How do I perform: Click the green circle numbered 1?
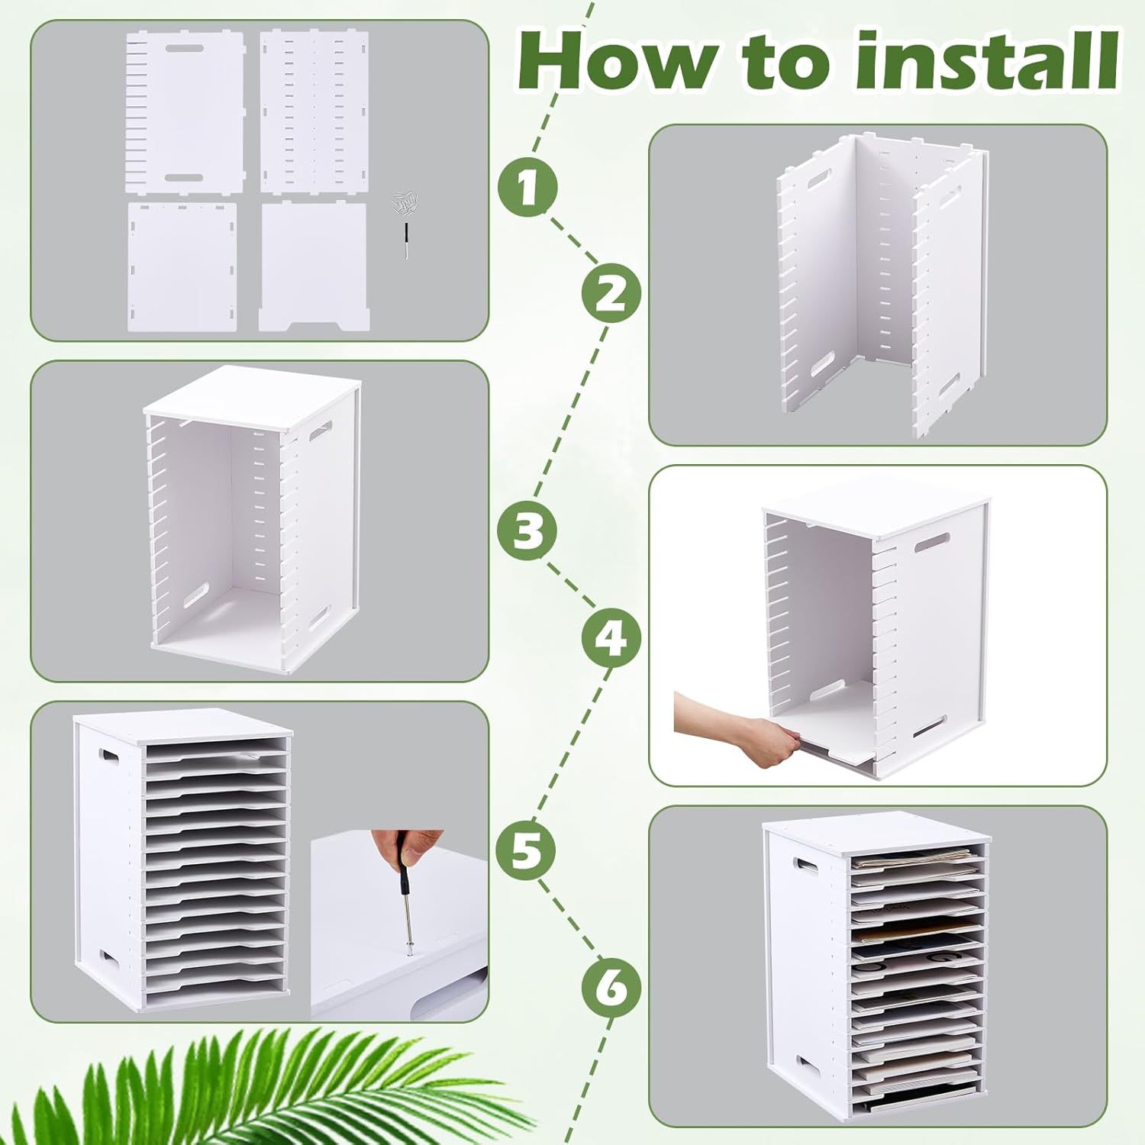(x=527, y=185)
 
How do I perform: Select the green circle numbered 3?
(x=527, y=528)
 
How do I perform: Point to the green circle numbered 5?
(x=527, y=849)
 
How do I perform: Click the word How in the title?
(x=617, y=62)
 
